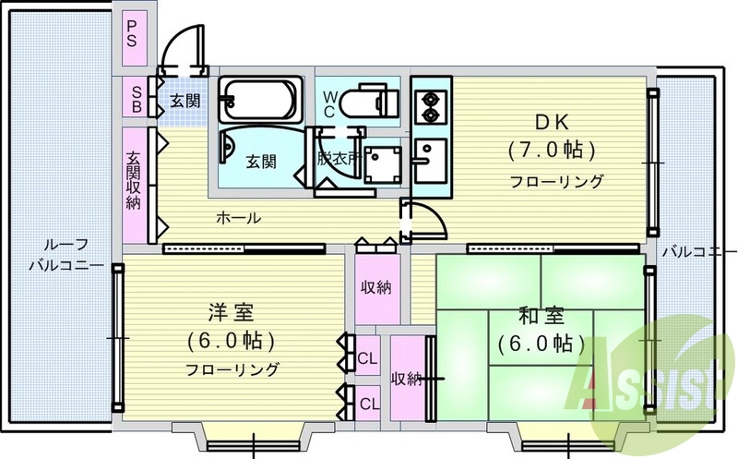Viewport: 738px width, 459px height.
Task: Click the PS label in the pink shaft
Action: click(131, 34)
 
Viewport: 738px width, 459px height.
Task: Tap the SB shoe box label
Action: click(136, 99)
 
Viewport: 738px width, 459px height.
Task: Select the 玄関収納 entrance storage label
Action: click(133, 179)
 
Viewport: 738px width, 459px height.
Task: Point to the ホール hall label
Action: click(238, 218)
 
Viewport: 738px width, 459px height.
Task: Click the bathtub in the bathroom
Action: click(259, 101)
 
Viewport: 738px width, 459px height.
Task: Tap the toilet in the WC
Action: click(370, 101)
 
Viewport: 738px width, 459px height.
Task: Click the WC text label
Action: click(329, 104)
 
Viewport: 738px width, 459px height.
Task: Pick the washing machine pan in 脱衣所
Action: click(382, 164)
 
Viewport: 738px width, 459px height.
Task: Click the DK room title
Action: click(552, 123)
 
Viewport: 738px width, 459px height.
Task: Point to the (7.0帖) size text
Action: click(552, 151)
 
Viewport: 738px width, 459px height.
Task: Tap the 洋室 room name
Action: click(231, 312)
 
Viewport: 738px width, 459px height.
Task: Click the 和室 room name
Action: click(541, 316)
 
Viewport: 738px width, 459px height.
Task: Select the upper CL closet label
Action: click(367, 358)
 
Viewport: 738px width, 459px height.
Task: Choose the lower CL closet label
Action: click(369, 404)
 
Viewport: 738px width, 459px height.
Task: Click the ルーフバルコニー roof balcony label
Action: click(66, 255)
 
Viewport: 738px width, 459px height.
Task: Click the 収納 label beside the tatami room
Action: click(408, 378)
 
